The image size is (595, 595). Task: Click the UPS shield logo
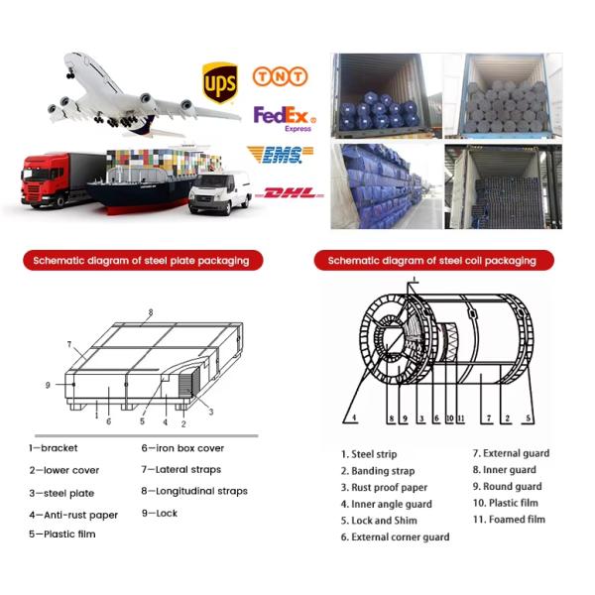coord(220,82)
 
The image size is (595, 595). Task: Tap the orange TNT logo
coord(280,76)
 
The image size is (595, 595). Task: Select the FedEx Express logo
coord(285,119)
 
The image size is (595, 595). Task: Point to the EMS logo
coord(280,155)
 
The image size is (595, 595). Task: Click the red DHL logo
coord(290,193)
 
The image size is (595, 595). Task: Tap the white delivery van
coord(220,192)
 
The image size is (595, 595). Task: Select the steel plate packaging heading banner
coord(143,260)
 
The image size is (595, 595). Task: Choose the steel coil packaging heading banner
coord(434,260)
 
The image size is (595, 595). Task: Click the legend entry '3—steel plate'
coord(61,493)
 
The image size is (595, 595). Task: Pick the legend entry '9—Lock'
coord(160,513)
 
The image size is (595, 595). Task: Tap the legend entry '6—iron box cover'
coord(182,448)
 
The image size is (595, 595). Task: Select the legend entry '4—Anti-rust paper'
coord(73,515)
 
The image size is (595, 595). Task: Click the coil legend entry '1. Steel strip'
coord(369,454)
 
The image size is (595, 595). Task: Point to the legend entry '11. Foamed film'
coord(509,519)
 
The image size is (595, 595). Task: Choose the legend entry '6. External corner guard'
coord(395,536)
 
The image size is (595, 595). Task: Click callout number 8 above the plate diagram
coord(151,312)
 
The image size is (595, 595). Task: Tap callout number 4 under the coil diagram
coord(354,417)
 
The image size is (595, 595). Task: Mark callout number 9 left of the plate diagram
coord(48,385)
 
